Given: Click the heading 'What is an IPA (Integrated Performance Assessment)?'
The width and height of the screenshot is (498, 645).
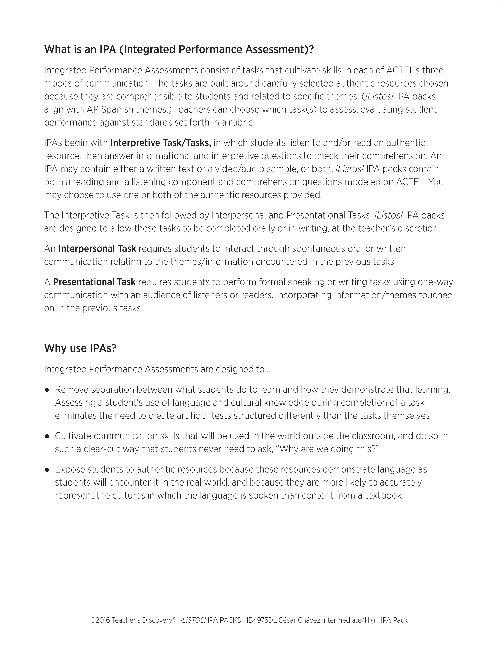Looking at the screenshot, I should click(179, 49).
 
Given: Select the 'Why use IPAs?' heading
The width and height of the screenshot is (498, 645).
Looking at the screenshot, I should click(80, 348).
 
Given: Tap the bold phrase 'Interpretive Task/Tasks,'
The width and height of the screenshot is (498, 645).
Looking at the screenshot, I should click(161, 143).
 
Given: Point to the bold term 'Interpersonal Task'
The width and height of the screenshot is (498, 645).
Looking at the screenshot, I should click(97, 249).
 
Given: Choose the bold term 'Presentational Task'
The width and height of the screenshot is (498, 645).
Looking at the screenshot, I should click(94, 282).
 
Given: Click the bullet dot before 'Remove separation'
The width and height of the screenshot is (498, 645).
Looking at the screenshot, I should click(47, 390).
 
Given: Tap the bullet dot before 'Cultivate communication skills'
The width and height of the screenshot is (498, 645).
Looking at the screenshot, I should click(47, 436).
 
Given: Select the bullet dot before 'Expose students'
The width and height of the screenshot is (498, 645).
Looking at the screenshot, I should click(47, 469).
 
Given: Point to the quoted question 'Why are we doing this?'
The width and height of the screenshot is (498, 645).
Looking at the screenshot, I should click(329, 449).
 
